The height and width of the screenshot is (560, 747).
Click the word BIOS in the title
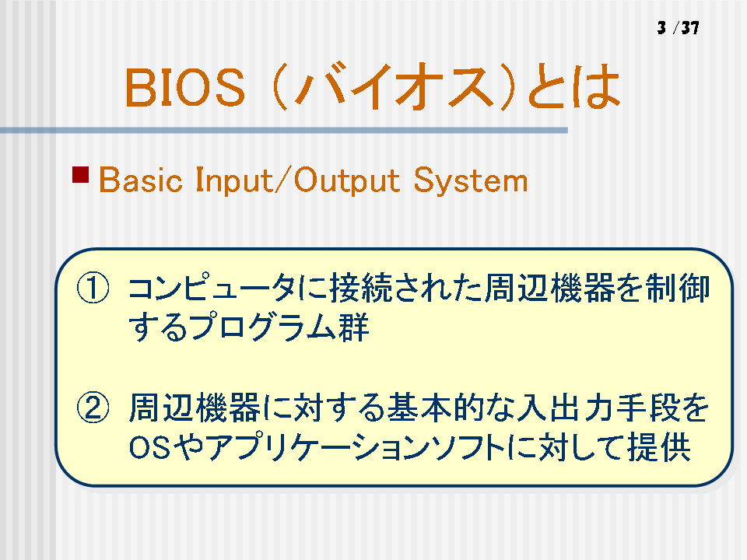[x=185, y=87]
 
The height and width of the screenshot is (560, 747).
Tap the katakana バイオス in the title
[x=394, y=86]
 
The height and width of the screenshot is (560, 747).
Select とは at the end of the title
[x=574, y=87]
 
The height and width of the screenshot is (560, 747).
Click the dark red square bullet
[x=80, y=174]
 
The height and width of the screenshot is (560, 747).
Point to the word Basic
[x=141, y=180]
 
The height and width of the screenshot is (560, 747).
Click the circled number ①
[x=93, y=288]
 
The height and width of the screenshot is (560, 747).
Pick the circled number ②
[x=93, y=408]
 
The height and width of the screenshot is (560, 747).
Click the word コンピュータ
[x=212, y=288]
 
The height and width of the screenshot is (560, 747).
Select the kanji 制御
[x=678, y=288]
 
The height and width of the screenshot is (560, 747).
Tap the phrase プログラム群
[x=280, y=327]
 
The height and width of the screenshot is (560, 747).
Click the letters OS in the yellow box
[x=149, y=448]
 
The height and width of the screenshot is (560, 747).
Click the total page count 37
[x=690, y=28]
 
